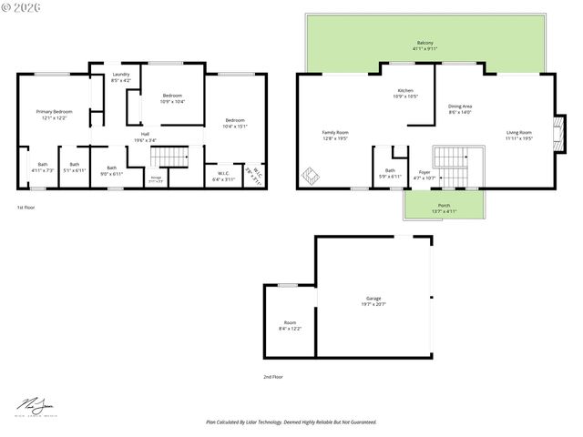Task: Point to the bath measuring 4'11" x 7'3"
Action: [x=43, y=167]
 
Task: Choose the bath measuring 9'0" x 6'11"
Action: [x=111, y=169]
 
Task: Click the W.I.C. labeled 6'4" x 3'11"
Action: [x=223, y=177]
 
